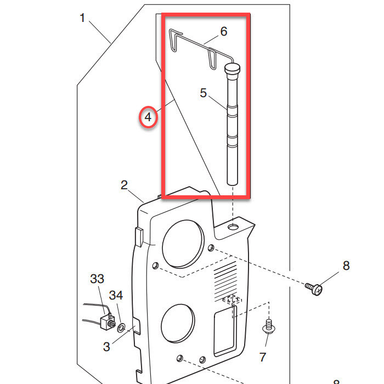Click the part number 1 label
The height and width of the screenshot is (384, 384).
(x=82, y=18)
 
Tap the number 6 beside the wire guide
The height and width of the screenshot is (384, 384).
(x=223, y=31)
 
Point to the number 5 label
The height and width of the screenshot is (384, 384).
(x=204, y=93)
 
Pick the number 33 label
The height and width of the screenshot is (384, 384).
(x=97, y=279)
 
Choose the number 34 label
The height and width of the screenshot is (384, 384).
(x=116, y=296)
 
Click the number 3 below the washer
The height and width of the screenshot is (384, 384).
(x=106, y=347)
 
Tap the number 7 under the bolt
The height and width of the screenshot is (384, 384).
(x=263, y=357)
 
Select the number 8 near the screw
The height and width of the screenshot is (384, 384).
(x=346, y=266)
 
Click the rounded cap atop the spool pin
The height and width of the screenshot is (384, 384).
(x=233, y=69)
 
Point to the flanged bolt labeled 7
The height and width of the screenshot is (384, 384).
(x=268, y=327)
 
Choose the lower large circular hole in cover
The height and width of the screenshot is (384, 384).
(x=178, y=324)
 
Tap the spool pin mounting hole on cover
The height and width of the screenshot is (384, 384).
(x=234, y=226)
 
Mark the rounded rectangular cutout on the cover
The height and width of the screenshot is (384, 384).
(x=225, y=332)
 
